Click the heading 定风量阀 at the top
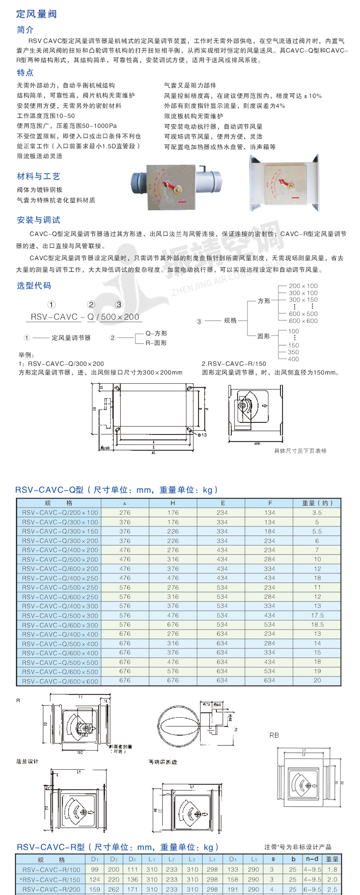36,14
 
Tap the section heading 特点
25,72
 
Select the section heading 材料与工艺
38,176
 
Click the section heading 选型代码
34,285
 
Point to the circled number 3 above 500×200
119,304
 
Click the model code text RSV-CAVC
54,317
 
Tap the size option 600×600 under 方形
303,321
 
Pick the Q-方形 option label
156,333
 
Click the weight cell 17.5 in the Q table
317,615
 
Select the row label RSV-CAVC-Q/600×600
60,681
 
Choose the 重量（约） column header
317,503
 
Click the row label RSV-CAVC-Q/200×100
60,513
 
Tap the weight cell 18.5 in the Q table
317,625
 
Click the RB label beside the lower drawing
274,735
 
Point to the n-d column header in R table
312,859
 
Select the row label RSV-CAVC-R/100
51,869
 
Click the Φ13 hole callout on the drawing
202,434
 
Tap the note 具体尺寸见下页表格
300,451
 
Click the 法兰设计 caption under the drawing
27,761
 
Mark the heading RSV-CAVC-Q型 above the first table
49,490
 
